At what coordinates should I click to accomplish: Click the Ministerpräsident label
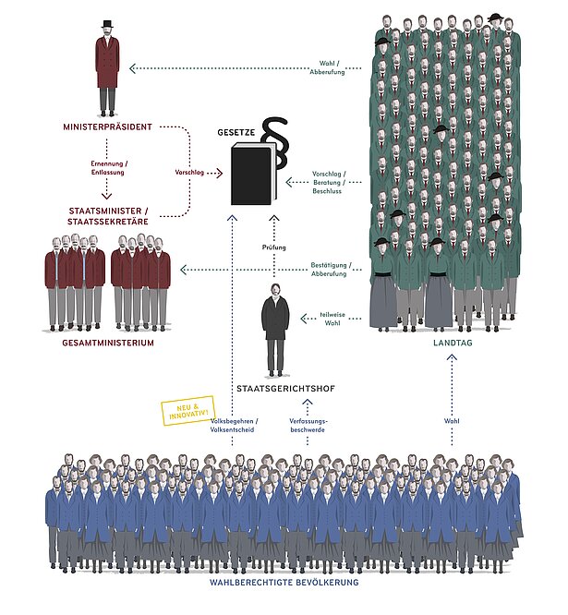[x=107, y=126]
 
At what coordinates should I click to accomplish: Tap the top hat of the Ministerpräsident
[x=107, y=24]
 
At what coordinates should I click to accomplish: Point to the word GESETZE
[x=236, y=132]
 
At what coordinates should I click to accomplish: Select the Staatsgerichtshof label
[x=274, y=387]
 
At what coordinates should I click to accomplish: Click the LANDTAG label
[x=453, y=343]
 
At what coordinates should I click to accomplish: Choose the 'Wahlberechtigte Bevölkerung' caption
[x=284, y=583]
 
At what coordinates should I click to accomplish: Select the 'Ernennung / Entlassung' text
[x=108, y=168]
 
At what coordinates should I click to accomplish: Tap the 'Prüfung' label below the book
[x=273, y=247]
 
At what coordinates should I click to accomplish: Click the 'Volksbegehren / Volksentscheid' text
[x=234, y=425]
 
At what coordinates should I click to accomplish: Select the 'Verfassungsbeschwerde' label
[x=308, y=425]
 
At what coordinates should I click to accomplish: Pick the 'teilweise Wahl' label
[x=332, y=319]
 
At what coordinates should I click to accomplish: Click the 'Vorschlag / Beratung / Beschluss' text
[x=328, y=182]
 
